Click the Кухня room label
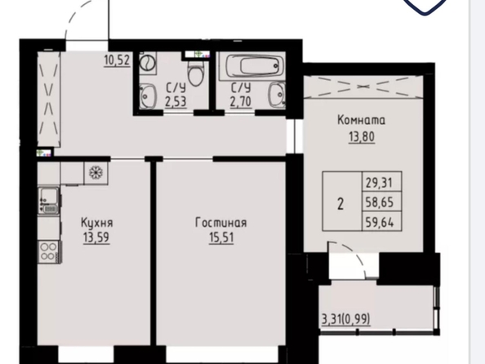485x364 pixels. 97,223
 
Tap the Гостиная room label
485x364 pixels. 221,223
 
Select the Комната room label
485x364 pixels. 361,120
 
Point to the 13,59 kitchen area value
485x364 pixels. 96,237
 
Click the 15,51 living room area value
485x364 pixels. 221,237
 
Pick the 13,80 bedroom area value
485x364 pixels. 362,136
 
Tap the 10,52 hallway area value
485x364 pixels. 117,60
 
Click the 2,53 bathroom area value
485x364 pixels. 176,101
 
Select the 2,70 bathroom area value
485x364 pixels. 240,101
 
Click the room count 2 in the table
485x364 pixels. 340,204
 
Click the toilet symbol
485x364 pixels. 196,72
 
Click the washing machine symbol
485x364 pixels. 148,63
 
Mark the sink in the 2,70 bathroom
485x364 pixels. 277,95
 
